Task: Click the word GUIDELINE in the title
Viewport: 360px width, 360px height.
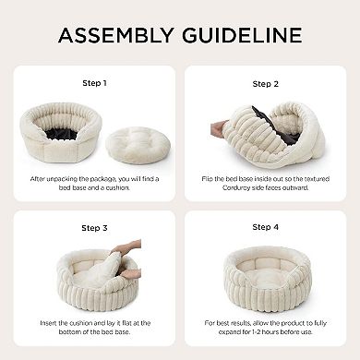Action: click(242, 36)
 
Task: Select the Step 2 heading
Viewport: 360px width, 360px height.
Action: click(265, 83)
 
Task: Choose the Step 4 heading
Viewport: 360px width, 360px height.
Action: click(265, 227)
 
